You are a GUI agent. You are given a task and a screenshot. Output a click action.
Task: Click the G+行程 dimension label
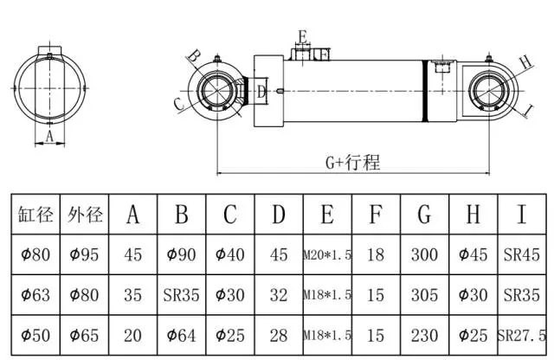[352, 162]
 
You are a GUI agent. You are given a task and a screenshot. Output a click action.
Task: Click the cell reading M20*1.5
[327, 256]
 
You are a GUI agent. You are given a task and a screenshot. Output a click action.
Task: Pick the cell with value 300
[424, 255]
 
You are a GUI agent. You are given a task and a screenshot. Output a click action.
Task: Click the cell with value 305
[424, 295]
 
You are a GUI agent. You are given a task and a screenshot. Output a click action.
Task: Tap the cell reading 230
[424, 335]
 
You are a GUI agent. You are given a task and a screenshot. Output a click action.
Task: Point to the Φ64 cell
[182, 335]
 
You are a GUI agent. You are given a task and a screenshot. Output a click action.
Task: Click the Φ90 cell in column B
[182, 255]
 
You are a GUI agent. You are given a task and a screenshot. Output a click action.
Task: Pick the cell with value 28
[279, 335]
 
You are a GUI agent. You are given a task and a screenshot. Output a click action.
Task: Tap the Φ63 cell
[36, 295]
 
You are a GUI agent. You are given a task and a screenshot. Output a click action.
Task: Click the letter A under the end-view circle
[49, 136]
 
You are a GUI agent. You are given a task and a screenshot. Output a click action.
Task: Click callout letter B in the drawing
[195, 56]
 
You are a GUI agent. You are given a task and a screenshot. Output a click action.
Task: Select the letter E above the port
[302, 36]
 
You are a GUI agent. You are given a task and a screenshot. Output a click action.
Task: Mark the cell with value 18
[376, 255]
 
